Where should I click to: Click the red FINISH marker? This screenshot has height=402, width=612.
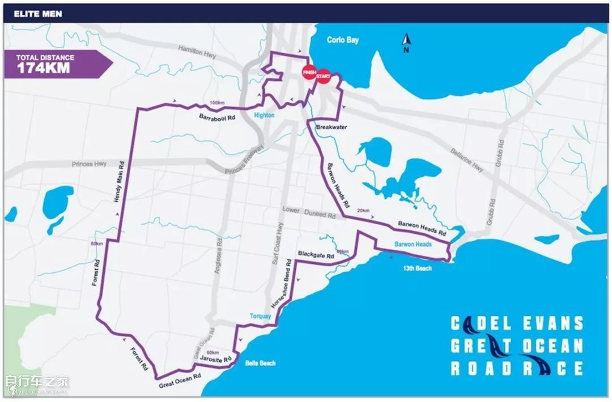(309, 72)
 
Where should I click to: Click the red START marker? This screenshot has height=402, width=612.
(323, 76)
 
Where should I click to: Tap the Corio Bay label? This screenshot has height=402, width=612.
(343, 40)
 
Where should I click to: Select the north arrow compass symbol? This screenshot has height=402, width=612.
(406, 42)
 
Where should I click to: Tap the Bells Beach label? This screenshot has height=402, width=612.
(260, 363)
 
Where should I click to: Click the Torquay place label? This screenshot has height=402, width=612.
(261, 316)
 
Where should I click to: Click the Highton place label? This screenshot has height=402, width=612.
(264, 116)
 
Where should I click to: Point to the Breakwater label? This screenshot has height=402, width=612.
(330, 127)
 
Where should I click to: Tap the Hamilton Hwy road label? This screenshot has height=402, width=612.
(198, 51)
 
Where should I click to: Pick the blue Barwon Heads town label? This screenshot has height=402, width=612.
(413, 244)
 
